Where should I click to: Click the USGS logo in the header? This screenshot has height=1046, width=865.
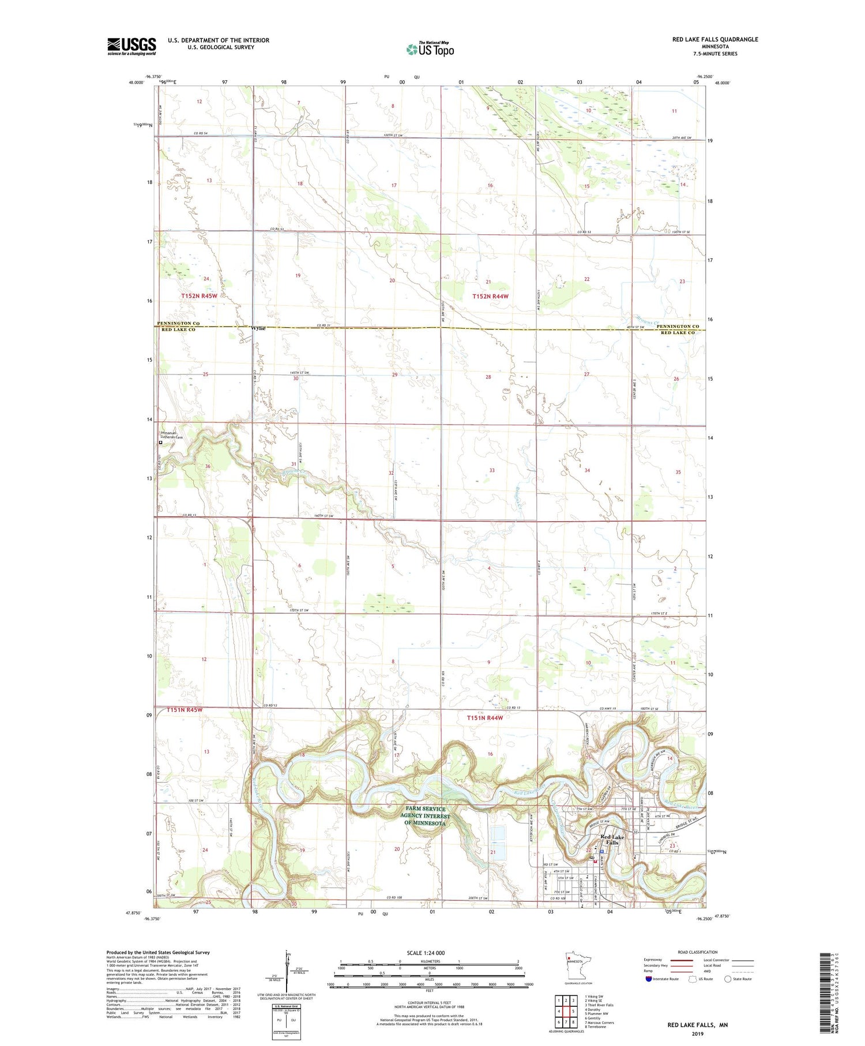pos(131,46)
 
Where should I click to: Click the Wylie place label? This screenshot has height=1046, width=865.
pos(258,328)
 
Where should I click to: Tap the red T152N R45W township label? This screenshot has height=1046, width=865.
pos(199,295)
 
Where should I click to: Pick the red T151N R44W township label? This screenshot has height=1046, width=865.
pos(484,718)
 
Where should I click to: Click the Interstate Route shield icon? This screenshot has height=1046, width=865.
pos(648,979)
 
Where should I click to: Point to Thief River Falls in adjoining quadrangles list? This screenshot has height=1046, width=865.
pos(599,1005)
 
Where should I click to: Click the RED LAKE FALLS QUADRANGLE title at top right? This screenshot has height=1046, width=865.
pos(714,40)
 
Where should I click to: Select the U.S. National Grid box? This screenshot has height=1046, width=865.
pos(286,1022)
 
